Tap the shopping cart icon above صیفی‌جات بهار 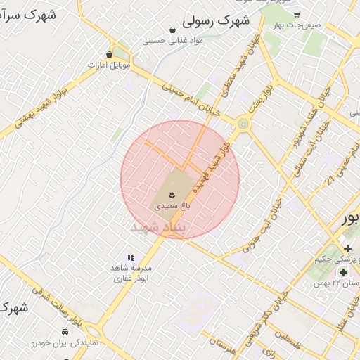coord(297,14)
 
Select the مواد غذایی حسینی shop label coord(173,40)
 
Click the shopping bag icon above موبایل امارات coord(109,54)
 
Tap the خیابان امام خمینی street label coord(192,100)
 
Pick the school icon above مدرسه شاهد coord(131,258)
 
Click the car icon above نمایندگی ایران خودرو coord(65,331)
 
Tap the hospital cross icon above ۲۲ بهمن coord(343,272)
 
